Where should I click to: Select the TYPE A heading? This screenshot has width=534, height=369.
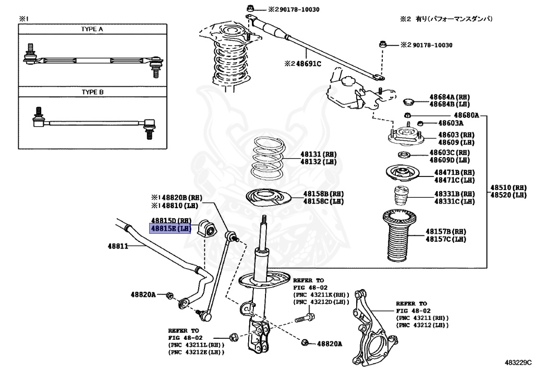click(x=92, y=29)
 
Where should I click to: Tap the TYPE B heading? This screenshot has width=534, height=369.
click(x=92, y=92)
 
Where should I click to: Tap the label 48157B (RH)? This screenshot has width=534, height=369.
click(x=445, y=231)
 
